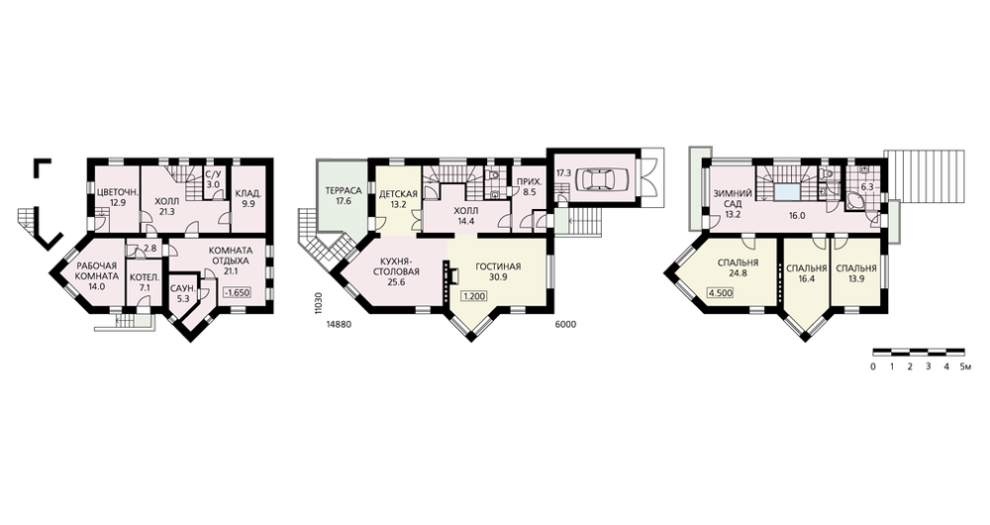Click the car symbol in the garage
tap(598, 179)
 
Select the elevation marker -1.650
tap(238, 293)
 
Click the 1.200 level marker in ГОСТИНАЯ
tap(475, 296)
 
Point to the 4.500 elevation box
tap(721, 292)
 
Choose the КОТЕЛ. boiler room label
tap(145, 277)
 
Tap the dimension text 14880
tap(340, 324)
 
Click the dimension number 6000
tap(565, 324)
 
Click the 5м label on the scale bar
tap(964, 367)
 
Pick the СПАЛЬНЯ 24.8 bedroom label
tap(738, 267)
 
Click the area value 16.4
tap(807, 278)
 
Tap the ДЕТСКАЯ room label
tap(398, 194)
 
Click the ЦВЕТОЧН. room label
tap(114, 194)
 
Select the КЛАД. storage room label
tap(248, 194)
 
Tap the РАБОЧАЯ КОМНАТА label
tap(97, 271)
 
